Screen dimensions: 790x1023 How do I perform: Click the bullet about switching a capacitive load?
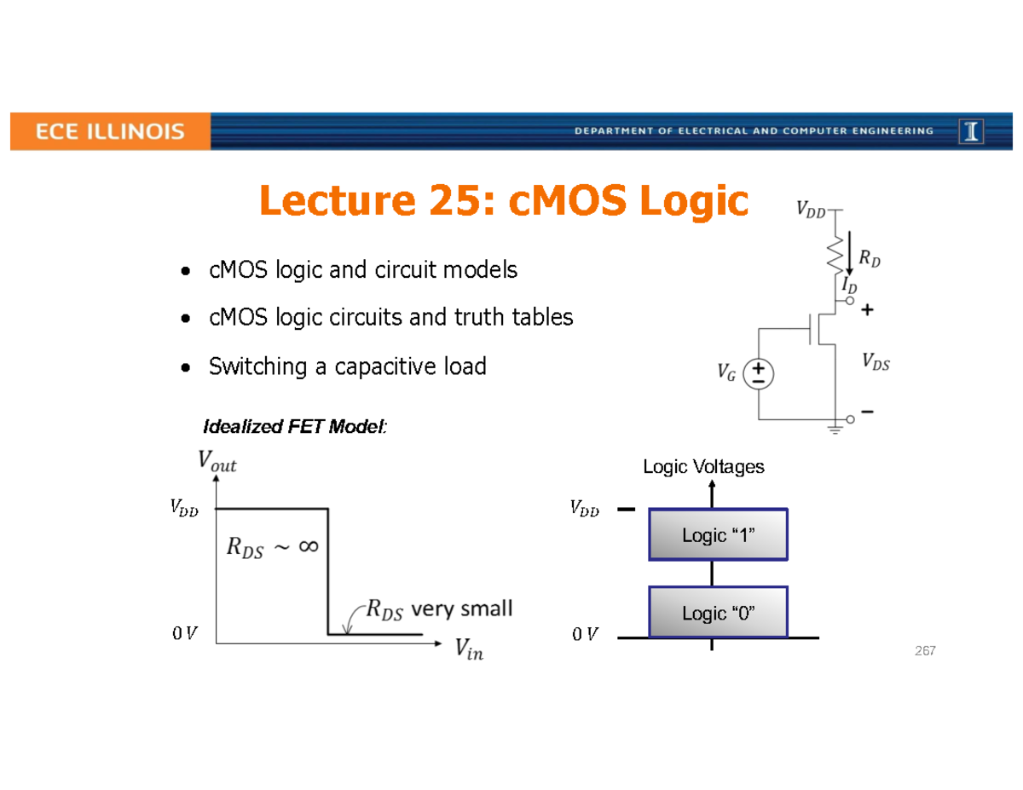click(x=347, y=367)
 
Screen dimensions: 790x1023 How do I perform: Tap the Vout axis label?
click(x=217, y=464)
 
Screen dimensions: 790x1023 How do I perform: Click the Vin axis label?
click(x=468, y=652)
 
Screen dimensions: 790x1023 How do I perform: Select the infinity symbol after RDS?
click(x=307, y=546)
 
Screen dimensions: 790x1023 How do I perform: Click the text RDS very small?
click(x=439, y=609)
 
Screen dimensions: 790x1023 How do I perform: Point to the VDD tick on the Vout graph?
click(x=183, y=510)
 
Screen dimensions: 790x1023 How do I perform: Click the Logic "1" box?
click(x=718, y=535)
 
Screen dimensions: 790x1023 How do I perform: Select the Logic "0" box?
click(x=718, y=612)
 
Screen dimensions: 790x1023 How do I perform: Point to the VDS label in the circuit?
click(x=876, y=363)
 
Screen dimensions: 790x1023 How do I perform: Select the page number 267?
click(x=925, y=651)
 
